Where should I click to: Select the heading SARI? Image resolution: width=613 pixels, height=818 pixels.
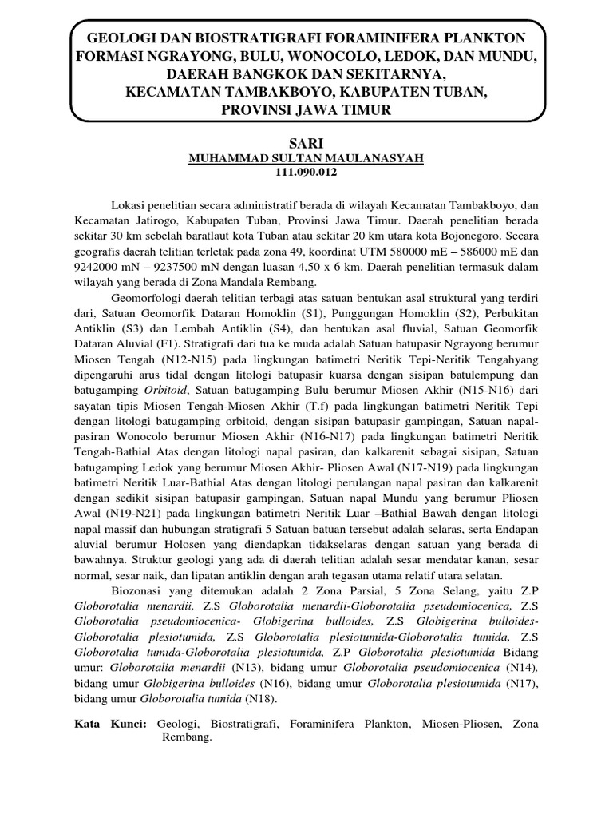306,142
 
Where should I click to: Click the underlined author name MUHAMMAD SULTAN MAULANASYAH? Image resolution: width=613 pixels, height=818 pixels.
306,159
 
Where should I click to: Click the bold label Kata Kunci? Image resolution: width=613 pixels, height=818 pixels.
110,724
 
